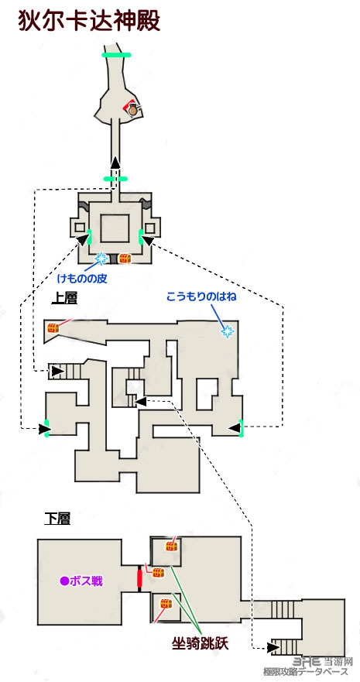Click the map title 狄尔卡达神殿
pos(89,21)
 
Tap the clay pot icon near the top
pos(133,111)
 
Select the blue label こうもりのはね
pos(201,297)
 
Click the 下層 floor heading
pos(57,519)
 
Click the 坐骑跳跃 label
pos(200,644)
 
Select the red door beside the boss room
pos(139,578)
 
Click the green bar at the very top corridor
pos(116,55)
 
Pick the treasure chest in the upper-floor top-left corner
pos(53,328)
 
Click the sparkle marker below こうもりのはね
pos(227,332)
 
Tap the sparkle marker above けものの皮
pos(101,259)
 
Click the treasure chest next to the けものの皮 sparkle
pos(125,259)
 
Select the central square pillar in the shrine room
pos(115,228)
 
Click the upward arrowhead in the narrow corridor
pos(115,163)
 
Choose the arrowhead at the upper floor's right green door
pos(235,428)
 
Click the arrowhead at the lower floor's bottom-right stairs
pos(273,648)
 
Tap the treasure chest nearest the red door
pos(158,572)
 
